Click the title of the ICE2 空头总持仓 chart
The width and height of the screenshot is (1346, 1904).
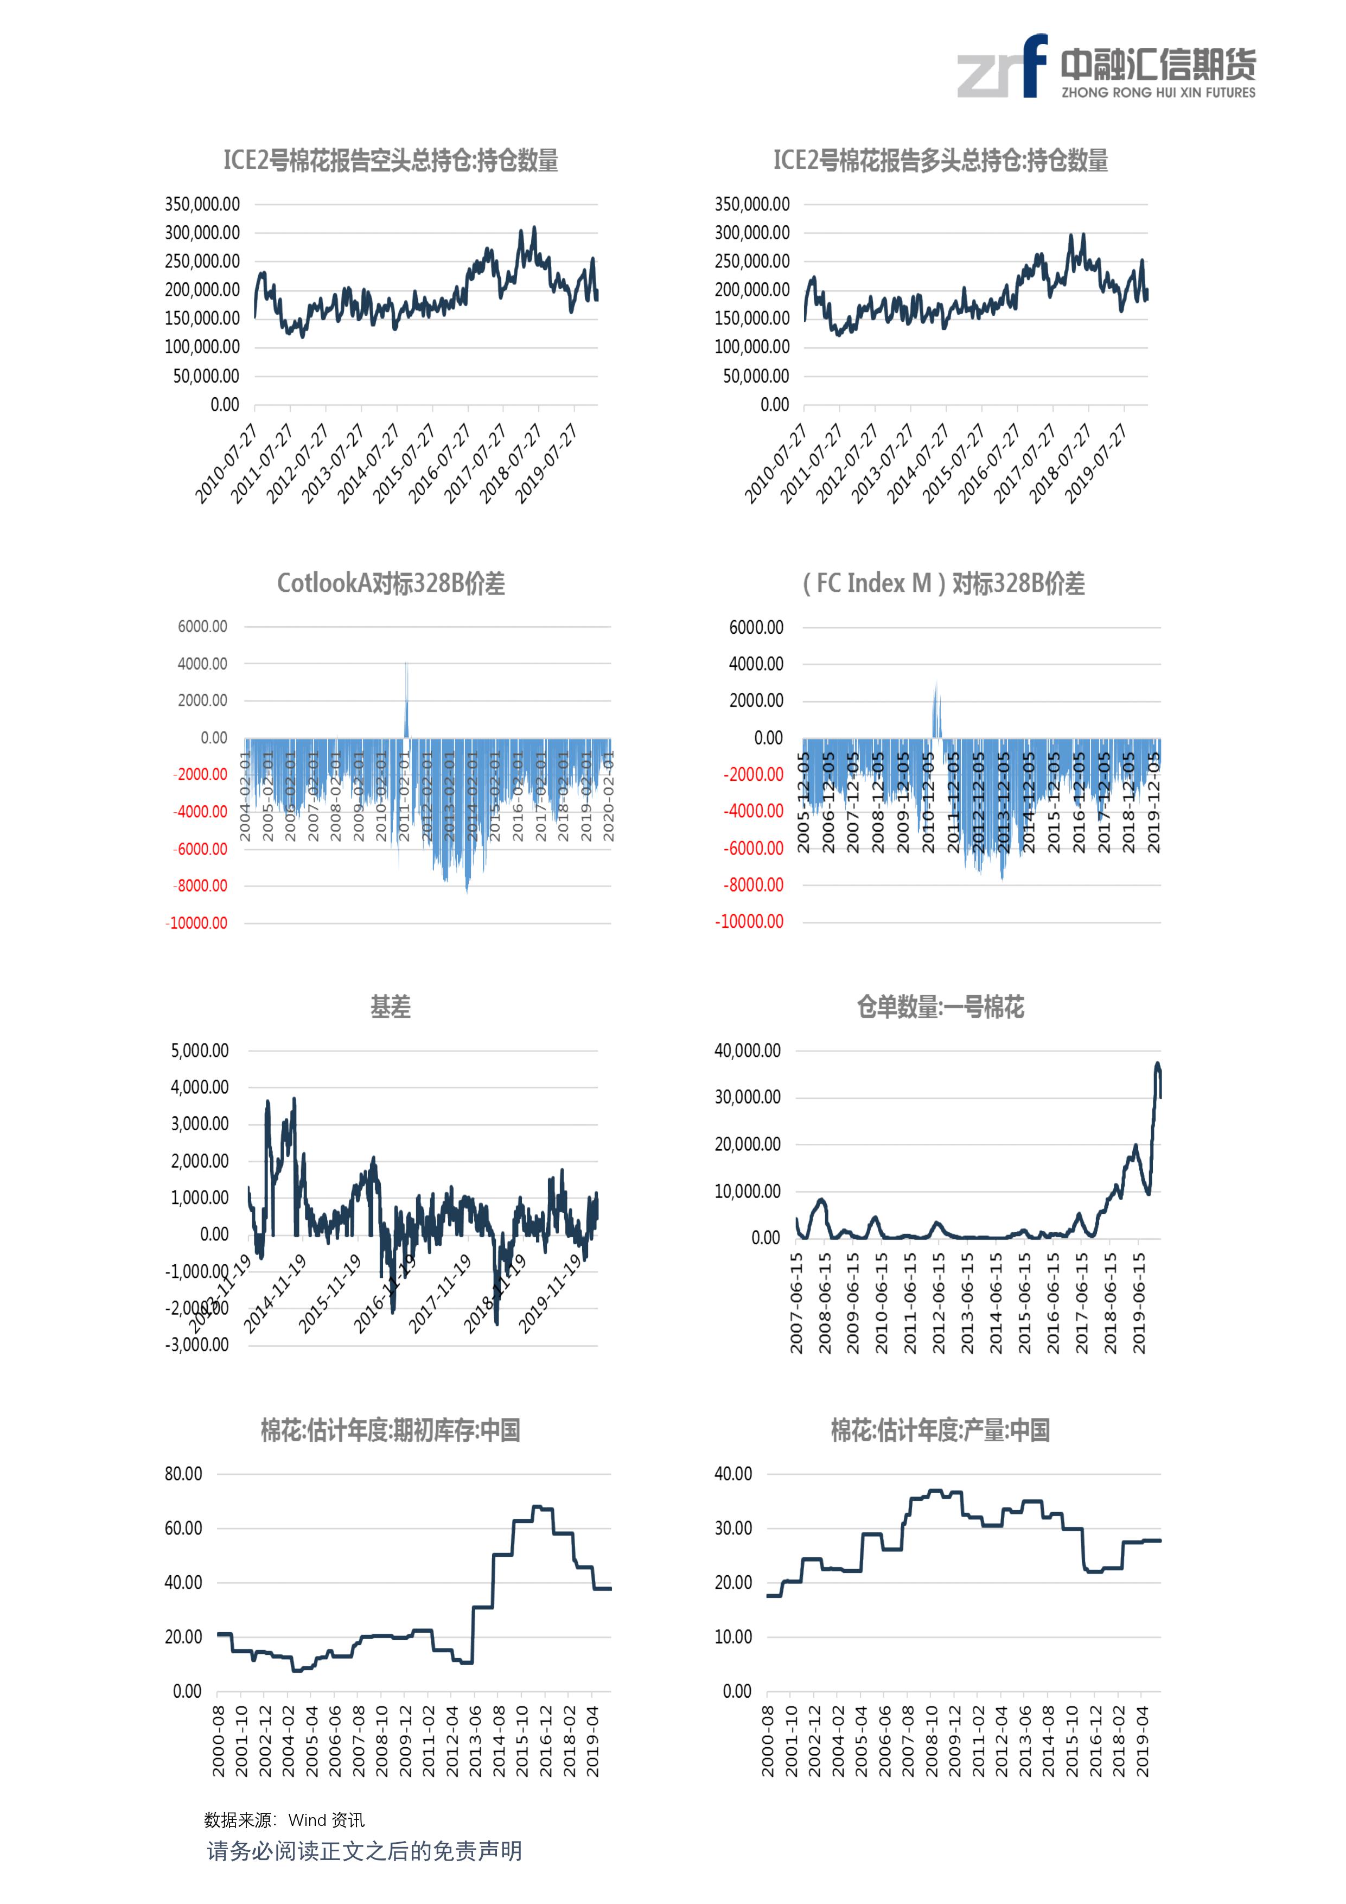pyautogui.click(x=391, y=160)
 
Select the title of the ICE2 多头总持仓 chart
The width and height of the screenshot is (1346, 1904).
pyautogui.click(x=940, y=160)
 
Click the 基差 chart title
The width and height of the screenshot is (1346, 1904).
pyautogui.click(x=391, y=1007)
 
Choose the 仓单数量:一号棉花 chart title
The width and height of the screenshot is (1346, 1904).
pyautogui.click(x=940, y=1007)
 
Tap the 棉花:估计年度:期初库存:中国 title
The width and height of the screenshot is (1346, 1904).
pyautogui.click(x=391, y=1430)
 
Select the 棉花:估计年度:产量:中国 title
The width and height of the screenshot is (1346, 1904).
pyautogui.click(x=940, y=1430)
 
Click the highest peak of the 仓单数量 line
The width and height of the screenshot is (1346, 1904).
pyautogui.click(x=1158, y=1065)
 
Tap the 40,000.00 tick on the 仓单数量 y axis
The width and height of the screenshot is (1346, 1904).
pyautogui.click(x=747, y=1050)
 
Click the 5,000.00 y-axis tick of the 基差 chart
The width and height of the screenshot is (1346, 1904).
pyautogui.click(x=200, y=1050)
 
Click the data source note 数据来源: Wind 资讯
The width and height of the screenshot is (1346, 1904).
pyautogui.click(x=284, y=1819)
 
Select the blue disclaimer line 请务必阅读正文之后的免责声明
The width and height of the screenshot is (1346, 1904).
pyautogui.click(x=364, y=1851)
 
